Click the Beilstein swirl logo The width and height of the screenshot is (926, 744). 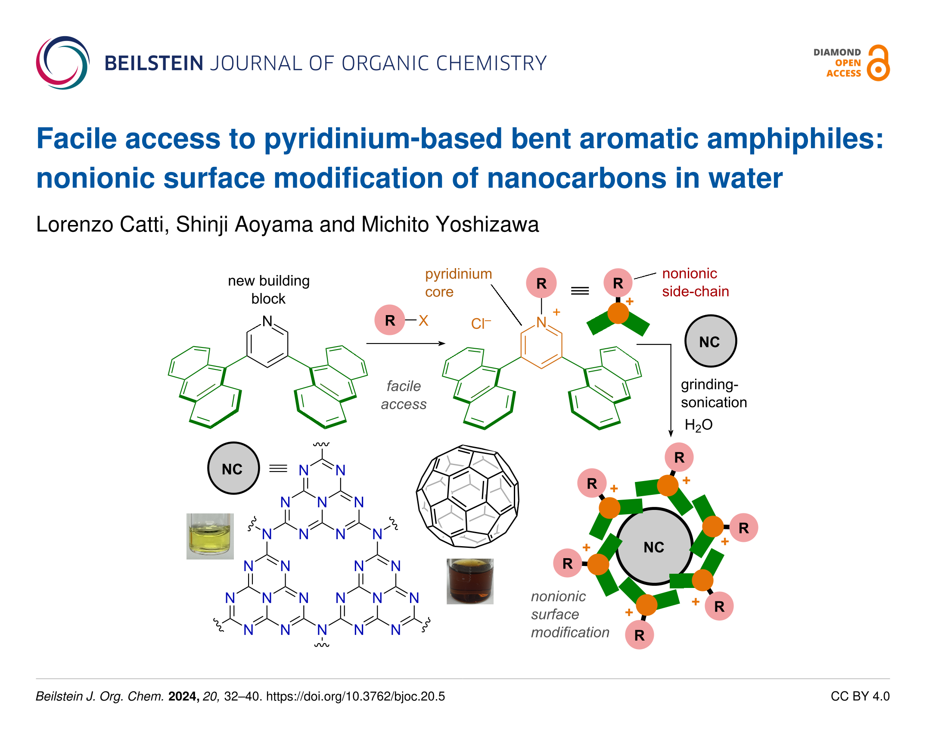(63, 63)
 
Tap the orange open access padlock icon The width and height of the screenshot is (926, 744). (878, 63)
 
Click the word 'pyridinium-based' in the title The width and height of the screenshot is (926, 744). (383, 139)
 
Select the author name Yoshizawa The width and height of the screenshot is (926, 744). (487, 224)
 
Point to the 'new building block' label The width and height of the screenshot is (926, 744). (269, 289)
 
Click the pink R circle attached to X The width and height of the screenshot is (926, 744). (390, 320)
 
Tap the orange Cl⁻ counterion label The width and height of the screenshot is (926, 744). (481, 323)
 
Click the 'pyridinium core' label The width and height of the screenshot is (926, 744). (458, 283)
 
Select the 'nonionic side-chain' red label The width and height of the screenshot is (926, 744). (696, 282)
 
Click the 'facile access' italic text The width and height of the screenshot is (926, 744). (404, 395)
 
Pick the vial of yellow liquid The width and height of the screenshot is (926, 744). (210, 536)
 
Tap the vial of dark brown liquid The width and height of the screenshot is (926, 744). (470, 581)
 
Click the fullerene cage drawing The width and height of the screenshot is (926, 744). (468, 496)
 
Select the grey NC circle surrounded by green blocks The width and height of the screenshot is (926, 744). (654, 547)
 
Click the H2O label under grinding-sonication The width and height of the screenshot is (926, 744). (699, 425)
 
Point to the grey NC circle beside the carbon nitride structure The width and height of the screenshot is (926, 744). (233, 468)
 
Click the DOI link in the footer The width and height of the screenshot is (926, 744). (355, 696)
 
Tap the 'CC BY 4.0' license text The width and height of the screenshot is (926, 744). (860, 696)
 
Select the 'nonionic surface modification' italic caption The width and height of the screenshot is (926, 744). (570, 614)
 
